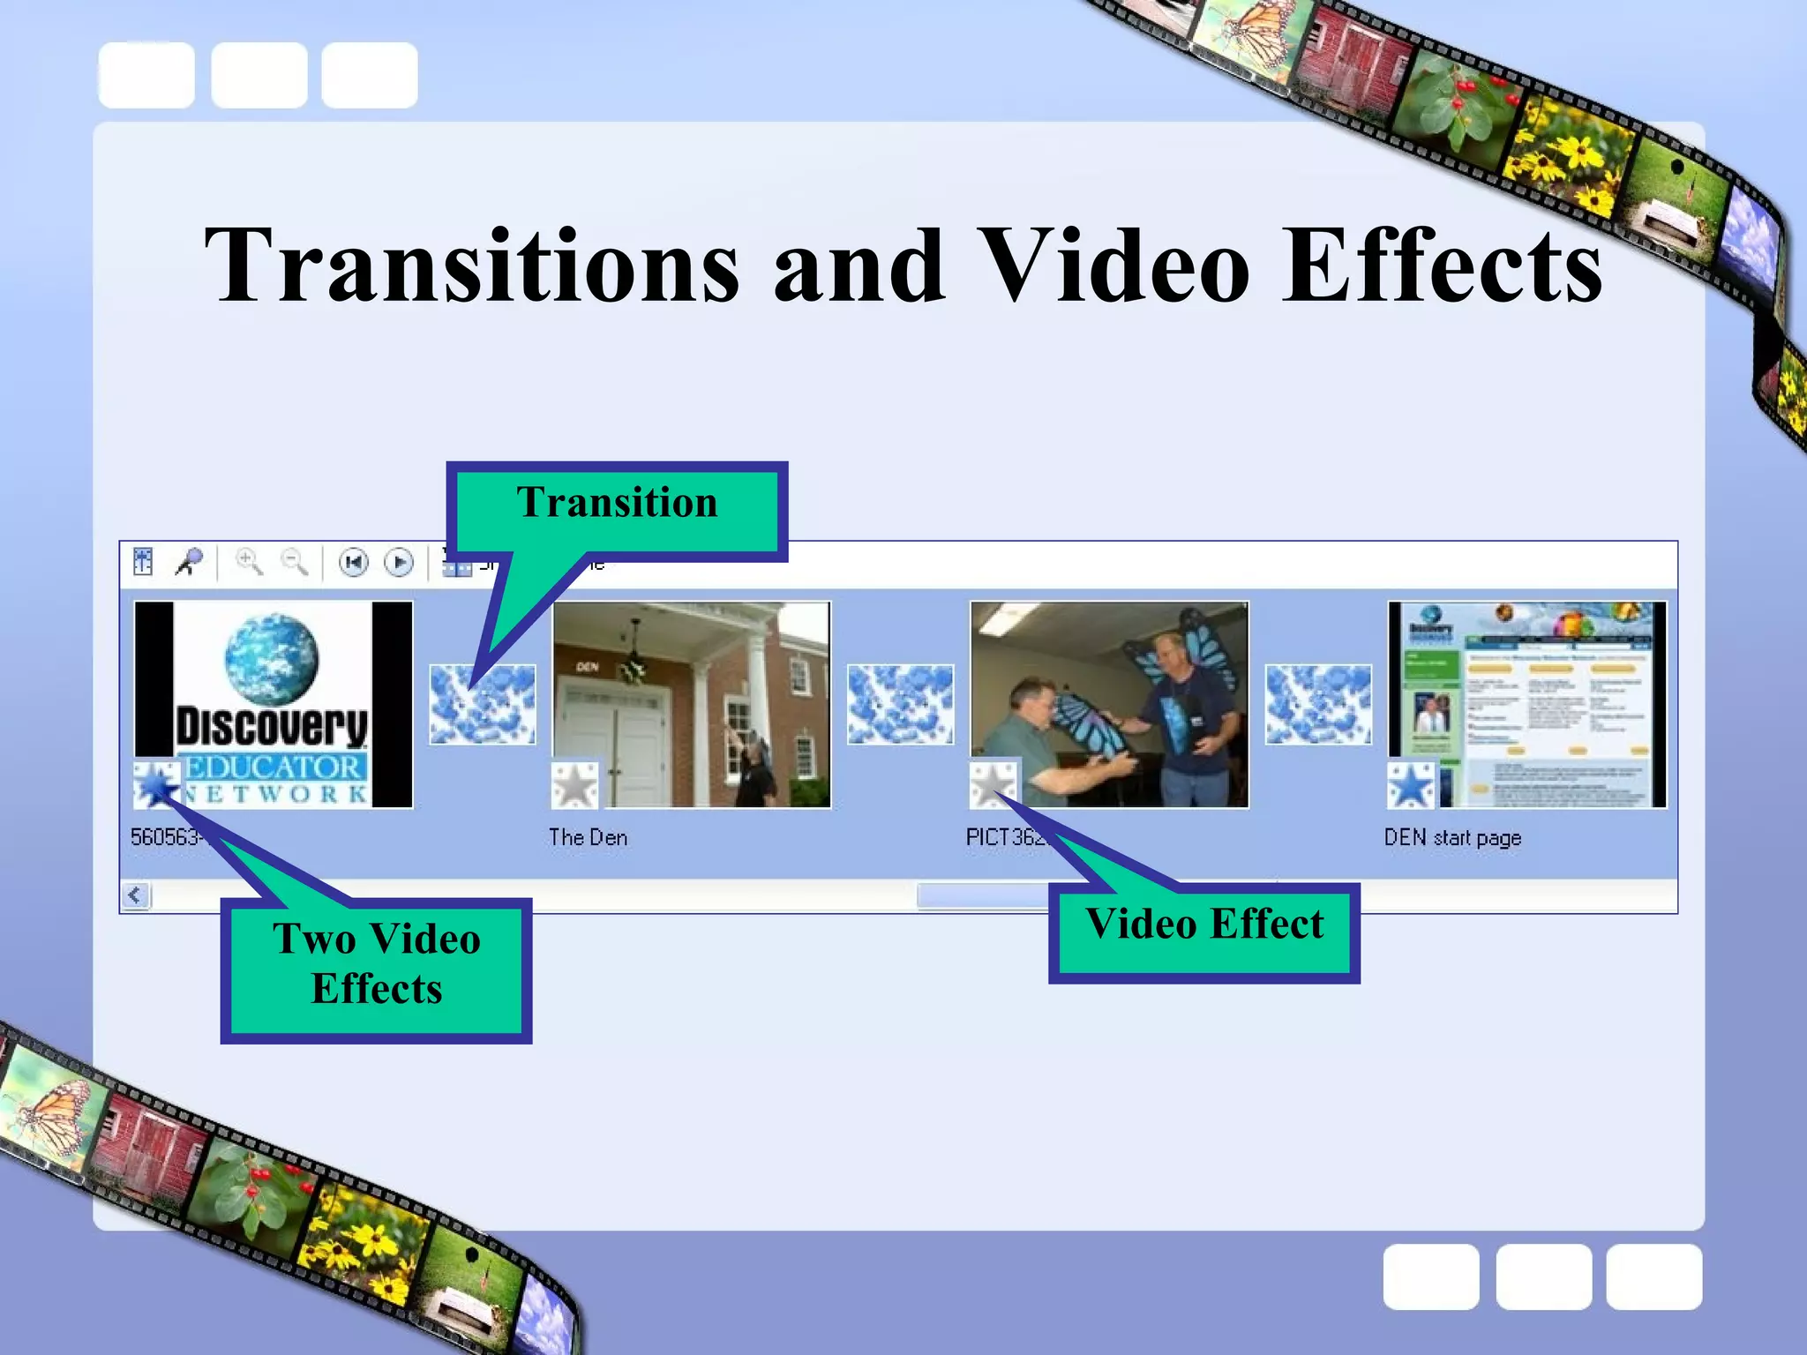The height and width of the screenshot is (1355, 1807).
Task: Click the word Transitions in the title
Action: [472, 265]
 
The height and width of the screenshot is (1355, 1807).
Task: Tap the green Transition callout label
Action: [617, 503]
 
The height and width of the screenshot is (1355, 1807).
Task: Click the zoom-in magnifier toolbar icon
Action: [249, 562]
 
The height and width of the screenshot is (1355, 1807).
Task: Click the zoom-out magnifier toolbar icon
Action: [294, 562]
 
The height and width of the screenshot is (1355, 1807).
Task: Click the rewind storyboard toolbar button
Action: [354, 562]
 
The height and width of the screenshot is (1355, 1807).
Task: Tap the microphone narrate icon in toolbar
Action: [189, 562]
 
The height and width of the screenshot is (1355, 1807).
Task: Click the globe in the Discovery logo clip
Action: [271, 660]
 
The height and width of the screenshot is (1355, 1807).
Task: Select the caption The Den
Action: [588, 837]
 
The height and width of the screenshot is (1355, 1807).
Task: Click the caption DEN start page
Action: [1452, 837]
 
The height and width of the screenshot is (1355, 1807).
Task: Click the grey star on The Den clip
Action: [575, 784]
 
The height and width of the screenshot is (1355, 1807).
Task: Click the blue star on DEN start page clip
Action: [1411, 784]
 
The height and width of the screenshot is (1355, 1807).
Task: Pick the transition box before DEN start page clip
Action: [1318, 704]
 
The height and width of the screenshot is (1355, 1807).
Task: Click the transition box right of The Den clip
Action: [900, 704]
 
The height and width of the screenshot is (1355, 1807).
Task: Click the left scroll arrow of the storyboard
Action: [135, 895]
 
